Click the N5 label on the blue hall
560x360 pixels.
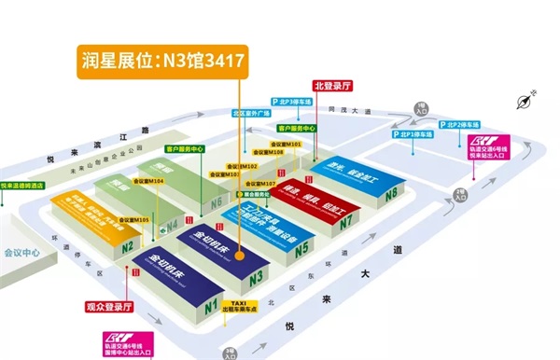(x=301, y=249)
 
